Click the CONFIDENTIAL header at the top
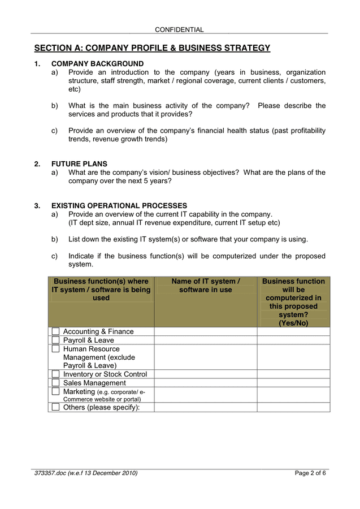[x=179, y=29]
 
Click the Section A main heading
[x=152, y=48]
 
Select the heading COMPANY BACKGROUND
[x=97, y=64]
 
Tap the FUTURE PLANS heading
[x=79, y=164]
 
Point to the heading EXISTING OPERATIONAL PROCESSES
[x=119, y=206]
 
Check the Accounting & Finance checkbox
[x=55, y=331]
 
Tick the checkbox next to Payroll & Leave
[x=55, y=340]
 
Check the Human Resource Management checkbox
[x=55, y=349]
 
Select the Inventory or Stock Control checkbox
[x=55, y=374]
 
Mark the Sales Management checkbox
[x=55, y=383]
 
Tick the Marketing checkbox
[x=55, y=391]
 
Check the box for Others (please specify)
[x=55, y=407]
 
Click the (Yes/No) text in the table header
[x=293, y=323]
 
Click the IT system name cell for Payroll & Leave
[x=206, y=340]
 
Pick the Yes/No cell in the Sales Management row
[x=293, y=383]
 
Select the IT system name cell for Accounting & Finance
[x=206, y=331]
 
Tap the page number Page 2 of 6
[x=310, y=473]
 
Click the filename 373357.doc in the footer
[x=50, y=473]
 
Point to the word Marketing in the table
[x=79, y=391]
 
